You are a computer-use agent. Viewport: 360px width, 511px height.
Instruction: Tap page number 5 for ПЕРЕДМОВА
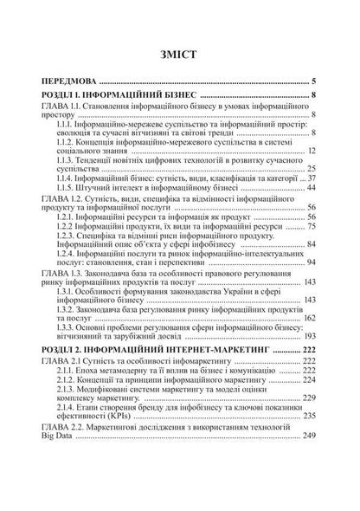point(316,81)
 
